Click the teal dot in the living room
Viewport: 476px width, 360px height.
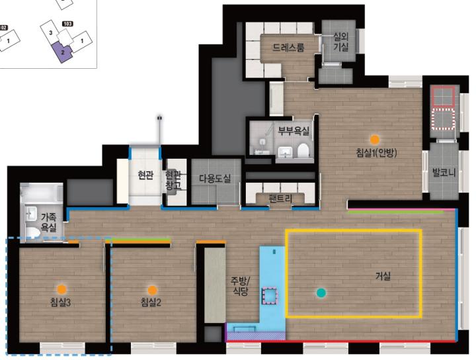tap(321, 293)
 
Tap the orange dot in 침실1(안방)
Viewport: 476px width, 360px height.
tap(375, 140)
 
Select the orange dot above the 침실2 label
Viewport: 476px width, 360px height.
tap(152, 290)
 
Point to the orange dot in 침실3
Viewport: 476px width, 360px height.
tap(61, 289)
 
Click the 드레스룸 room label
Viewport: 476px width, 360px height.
tap(288, 48)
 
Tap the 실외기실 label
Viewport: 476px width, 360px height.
tap(341, 42)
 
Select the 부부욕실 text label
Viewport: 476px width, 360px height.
tap(294, 131)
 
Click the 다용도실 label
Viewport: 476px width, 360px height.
tap(215, 178)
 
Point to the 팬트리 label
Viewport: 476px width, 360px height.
tap(280, 199)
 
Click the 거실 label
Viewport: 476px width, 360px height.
tap(383, 276)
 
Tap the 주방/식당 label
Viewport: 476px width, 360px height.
tap(241, 286)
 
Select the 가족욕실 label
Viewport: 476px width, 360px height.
tap(48, 222)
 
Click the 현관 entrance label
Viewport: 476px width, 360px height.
tap(145, 175)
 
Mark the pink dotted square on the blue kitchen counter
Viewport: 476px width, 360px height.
tap(270, 296)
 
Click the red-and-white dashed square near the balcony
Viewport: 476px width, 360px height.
tap(443, 119)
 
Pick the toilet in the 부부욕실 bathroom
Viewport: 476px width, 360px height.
tap(303, 151)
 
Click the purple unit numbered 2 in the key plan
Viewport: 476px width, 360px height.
tap(63, 52)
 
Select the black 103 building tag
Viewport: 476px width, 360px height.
tap(67, 24)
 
